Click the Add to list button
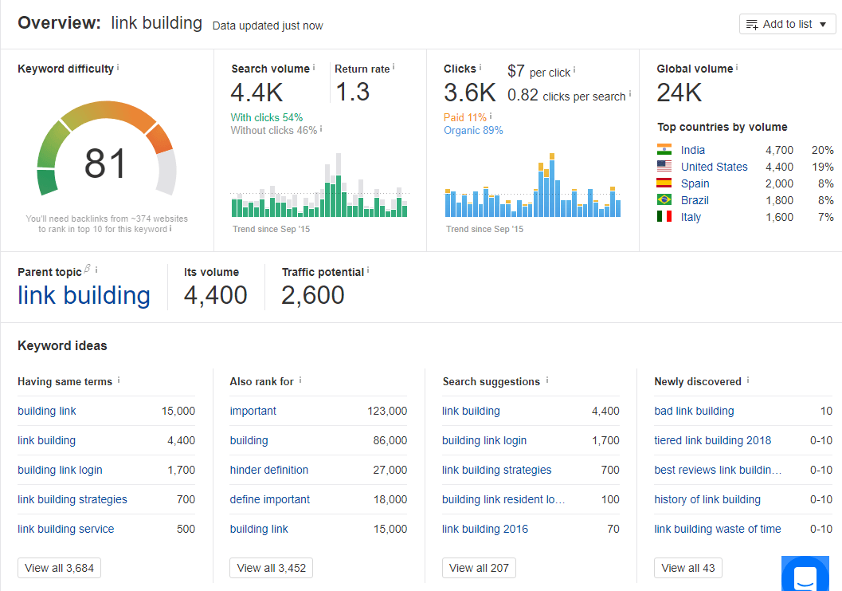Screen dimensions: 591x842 [787, 24]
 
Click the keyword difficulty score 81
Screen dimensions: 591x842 [105, 164]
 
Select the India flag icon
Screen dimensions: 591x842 [664, 150]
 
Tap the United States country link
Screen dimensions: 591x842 [714, 167]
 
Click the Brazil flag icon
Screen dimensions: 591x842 [664, 200]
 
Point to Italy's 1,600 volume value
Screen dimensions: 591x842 [779, 217]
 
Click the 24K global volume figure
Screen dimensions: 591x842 [679, 93]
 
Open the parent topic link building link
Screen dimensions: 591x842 [84, 295]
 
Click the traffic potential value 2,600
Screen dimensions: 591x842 [313, 295]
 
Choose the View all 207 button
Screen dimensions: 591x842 [479, 568]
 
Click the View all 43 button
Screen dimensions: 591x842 [688, 568]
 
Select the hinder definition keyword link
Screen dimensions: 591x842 [268, 470]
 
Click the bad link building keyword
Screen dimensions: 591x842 [694, 411]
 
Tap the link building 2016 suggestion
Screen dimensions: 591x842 [484, 529]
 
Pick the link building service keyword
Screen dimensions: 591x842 [65, 529]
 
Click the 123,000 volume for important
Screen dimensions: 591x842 [386, 411]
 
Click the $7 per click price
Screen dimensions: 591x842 [516, 72]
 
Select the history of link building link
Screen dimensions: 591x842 [707, 499]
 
